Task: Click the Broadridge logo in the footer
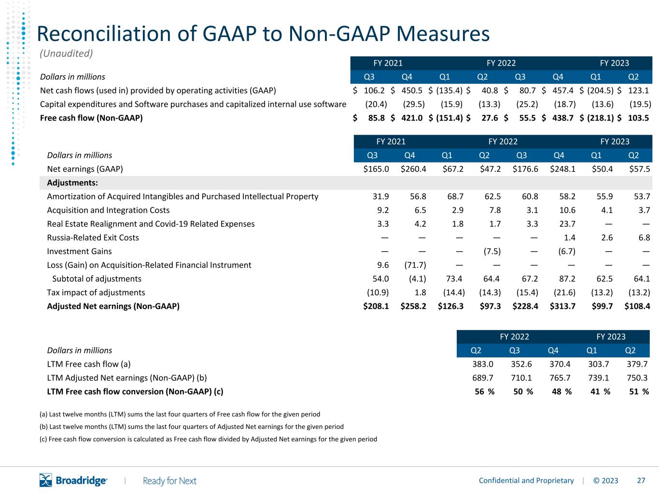(x=73, y=480)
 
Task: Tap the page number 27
(x=641, y=480)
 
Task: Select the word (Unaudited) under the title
(x=66, y=54)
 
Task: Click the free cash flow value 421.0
(x=412, y=118)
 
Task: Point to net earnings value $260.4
(x=413, y=169)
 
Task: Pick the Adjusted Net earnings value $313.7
(x=562, y=306)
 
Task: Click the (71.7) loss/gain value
(x=415, y=265)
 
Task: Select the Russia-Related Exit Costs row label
(x=93, y=237)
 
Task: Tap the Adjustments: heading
(x=72, y=183)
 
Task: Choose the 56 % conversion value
(x=484, y=391)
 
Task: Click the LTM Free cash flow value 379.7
(x=637, y=364)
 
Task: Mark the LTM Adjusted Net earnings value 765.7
(x=560, y=378)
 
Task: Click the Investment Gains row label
(x=79, y=251)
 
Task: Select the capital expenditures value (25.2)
(x=527, y=104)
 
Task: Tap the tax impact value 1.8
(x=420, y=292)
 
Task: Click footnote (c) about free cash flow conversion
(x=208, y=439)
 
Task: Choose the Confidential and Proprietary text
(x=526, y=480)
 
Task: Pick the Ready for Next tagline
(x=169, y=481)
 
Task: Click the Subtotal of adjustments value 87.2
(x=567, y=279)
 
